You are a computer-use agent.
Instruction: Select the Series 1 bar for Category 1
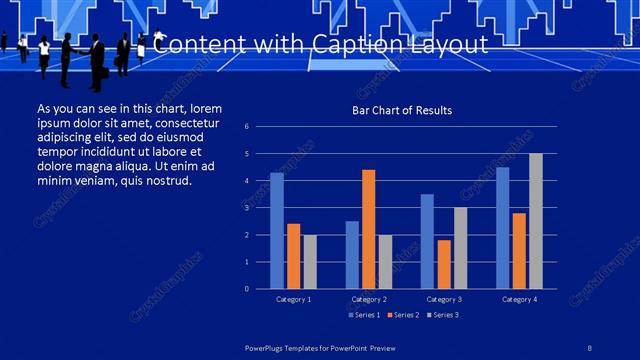277,230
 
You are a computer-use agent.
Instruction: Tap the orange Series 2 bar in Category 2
368,229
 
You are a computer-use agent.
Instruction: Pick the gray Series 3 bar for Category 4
535,221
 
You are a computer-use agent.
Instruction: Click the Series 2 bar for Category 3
443,264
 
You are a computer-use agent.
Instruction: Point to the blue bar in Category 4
502,227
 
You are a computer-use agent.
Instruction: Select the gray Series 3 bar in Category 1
310,261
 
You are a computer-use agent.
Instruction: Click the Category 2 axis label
368,299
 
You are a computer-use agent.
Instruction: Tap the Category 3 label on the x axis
443,299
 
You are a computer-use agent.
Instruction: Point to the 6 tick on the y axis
261,127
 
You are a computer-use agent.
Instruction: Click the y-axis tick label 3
261,208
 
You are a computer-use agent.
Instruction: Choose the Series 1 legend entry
363,315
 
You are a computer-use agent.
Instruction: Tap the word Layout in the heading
456,45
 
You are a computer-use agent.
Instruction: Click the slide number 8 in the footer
589,348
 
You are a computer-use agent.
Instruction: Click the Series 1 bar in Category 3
427,241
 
